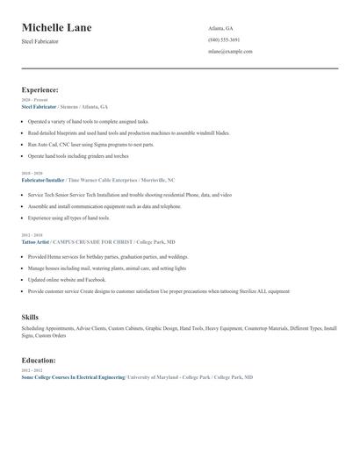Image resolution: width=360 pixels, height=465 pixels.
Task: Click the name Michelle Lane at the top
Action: tap(56, 28)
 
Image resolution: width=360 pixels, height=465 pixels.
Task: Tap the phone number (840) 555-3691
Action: tap(224, 39)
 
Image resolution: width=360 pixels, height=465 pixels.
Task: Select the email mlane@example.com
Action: tap(230, 51)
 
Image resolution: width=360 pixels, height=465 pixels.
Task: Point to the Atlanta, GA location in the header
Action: tap(221, 28)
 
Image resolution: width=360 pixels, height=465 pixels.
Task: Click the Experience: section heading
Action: tap(40, 89)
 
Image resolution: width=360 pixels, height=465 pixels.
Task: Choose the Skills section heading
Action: tap(30, 316)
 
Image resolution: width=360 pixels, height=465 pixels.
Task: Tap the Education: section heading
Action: tap(39, 360)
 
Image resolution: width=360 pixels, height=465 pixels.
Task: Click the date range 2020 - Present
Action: tap(34, 100)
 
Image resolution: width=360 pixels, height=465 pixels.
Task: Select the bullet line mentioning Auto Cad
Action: tap(90, 144)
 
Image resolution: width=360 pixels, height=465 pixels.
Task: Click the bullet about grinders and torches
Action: tap(77, 155)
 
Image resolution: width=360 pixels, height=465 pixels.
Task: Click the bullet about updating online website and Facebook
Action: tap(74, 279)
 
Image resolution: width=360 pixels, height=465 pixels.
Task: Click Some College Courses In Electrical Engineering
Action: tap(73, 376)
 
